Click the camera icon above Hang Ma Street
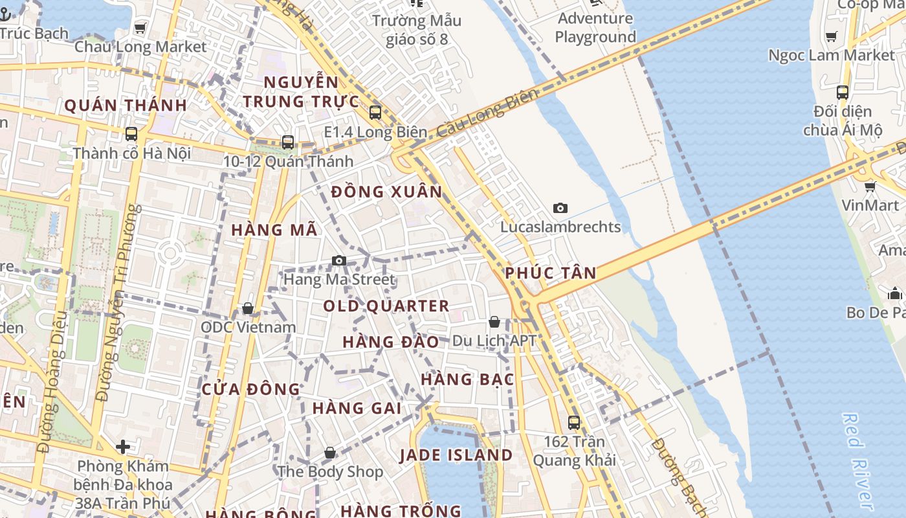coord(338,261)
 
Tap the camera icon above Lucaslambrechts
coord(560,208)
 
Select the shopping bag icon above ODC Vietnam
coord(248,308)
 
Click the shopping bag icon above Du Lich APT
coord(494,321)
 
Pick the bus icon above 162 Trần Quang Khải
coord(573,423)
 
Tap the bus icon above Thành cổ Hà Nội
coord(131,134)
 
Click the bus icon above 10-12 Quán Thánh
coord(288,142)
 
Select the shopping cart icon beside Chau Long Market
coord(140,28)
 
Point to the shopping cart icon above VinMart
coord(870,186)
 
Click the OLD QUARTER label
coord(386,306)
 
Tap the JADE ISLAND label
coord(456,455)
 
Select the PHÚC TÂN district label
coord(551,273)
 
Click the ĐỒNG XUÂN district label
coord(386,192)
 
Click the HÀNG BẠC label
coord(467,379)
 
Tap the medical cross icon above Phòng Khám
coord(123,447)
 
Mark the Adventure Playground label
coord(595,28)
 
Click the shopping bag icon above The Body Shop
coord(330,453)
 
